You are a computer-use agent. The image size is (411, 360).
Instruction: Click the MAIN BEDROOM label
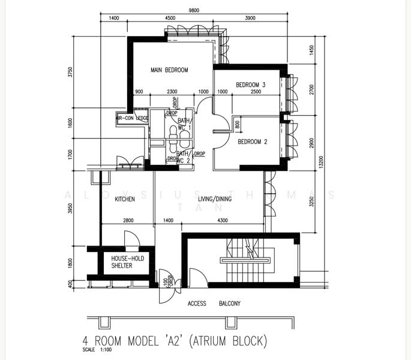(169, 70)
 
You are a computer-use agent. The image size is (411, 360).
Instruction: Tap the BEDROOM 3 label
(250, 85)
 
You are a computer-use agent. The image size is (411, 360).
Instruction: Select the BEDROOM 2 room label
(253, 142)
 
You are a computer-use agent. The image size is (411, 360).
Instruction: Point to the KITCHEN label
(125, 199)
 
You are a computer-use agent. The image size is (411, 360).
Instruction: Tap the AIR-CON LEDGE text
(132, 118)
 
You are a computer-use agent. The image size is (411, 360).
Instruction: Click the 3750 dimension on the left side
(71, 73)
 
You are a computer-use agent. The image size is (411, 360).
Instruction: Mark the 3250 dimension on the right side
(311, 202)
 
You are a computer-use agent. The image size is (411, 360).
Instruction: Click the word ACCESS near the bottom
(197, 304)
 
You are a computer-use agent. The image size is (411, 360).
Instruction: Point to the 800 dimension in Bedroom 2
(238, 125)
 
